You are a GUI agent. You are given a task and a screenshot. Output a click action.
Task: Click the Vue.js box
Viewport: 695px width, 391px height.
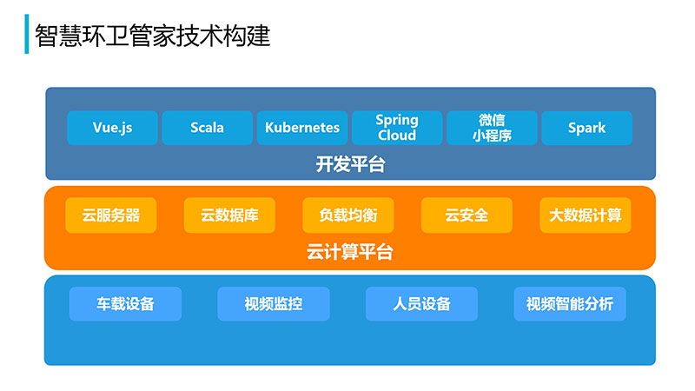pos(113,128)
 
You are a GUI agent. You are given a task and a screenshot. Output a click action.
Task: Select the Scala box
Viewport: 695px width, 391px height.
pos(207,128)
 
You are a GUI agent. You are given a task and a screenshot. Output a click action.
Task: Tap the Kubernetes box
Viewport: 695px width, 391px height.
pos(302,128)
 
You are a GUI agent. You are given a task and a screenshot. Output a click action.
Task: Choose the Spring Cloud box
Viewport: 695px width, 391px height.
pos(397,128)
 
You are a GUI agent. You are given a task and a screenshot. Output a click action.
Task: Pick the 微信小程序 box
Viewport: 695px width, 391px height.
pos(492,128)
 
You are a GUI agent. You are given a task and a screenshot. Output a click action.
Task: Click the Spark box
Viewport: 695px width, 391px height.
pos(587,128)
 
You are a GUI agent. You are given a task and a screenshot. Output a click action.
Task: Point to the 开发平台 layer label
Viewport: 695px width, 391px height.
pos(351,164)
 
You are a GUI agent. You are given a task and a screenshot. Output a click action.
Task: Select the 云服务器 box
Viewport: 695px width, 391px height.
pos(111,215)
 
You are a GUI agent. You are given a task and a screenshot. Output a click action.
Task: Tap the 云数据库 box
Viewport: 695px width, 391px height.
pos(229,215)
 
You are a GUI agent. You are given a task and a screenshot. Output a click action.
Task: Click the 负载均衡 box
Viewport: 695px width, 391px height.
pos(348,215)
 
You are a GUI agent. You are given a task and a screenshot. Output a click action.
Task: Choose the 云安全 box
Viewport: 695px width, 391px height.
pos(467,215)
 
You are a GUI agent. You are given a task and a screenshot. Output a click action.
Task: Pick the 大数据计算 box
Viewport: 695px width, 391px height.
pos(586,215)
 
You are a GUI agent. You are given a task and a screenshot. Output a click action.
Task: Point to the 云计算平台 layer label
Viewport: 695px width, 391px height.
pos(350,252)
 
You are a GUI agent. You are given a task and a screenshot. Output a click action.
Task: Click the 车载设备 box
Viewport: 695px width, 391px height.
pos(125,303)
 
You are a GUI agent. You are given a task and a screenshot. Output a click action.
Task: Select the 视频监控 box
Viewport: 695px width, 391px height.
pos(274,303)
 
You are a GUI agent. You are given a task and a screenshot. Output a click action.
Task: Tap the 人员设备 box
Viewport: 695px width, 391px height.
pos(421,303)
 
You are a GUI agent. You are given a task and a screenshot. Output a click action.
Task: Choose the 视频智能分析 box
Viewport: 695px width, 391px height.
pos(570,303)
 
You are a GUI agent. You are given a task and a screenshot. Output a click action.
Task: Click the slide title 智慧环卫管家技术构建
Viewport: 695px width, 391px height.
pos(153,36)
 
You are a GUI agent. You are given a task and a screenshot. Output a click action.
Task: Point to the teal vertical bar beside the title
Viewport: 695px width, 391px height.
pos(27,34)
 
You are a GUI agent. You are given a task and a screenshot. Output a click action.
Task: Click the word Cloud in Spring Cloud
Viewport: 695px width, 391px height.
pos(397,136)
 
